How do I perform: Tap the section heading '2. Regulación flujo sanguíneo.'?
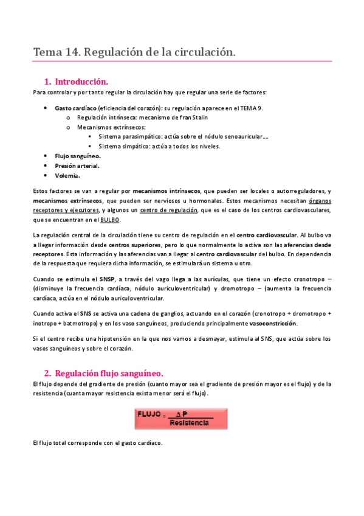tap(103, 373)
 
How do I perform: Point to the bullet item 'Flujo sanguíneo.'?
tap(78, 156)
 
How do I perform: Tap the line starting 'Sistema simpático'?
tap(159, 147)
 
